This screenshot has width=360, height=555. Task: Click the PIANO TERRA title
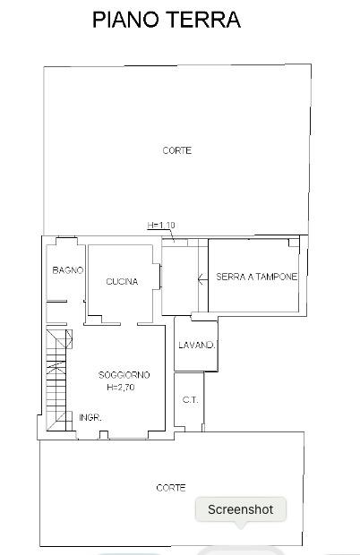[167, 20]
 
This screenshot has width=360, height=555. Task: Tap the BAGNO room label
[68, 270]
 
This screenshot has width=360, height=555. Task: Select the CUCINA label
[122, 282]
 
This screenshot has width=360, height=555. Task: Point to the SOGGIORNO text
[124, 375]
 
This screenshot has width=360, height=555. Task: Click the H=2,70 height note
[121, 388]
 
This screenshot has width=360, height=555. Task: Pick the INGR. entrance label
[90, 418]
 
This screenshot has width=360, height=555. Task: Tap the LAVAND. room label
[197, 346]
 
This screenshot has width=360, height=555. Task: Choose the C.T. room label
[191, 400]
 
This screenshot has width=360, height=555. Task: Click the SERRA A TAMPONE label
[256, 277]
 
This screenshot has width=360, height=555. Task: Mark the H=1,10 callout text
[161, 225]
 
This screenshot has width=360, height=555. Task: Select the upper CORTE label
[177, 150]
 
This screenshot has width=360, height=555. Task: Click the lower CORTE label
[171, 488]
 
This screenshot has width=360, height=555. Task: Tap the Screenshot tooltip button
[241, 509]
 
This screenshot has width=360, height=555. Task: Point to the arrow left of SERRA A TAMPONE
[202, 280]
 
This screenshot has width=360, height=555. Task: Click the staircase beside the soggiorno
[59, 380]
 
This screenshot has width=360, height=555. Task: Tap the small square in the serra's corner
[294, 243]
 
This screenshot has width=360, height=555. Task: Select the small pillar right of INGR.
[103, 435]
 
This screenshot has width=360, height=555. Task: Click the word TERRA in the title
[204, 20]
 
